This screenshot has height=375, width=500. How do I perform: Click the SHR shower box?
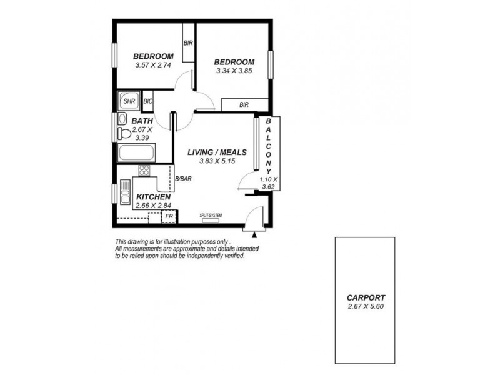point(129,100)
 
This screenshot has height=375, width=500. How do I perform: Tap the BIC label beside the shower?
point(148,101)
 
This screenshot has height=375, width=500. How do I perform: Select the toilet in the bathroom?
point(124,133)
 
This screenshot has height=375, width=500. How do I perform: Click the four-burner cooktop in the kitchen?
point(144,170)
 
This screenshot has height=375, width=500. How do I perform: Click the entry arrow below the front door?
point(255,235)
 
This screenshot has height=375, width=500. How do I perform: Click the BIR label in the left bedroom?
point(187,43)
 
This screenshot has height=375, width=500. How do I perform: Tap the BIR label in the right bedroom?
point(244,105)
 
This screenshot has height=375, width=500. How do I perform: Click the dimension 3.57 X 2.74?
point(153,64)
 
